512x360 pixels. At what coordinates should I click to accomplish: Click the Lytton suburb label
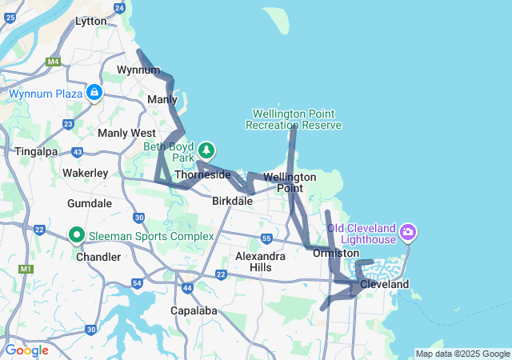click(x=90, y=22)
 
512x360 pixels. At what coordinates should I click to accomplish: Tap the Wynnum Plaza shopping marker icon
click(x=94, y=93)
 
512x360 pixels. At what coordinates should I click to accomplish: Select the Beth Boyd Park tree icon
click(x=207, y=150)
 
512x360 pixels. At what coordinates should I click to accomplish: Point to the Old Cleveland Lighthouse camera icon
click(x=409, y=233)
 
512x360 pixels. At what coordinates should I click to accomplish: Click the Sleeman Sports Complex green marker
click(x=77, y=235)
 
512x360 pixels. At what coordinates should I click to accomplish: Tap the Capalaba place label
click(x=194, y=310)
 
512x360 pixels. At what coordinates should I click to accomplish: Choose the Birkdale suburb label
click(x=233, y=202)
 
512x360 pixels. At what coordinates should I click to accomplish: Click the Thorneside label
click(x=202, y=174)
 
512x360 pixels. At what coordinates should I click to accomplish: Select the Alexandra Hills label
click(x=260, y=262)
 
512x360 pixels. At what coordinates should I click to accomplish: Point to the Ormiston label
click(x=336, y=253)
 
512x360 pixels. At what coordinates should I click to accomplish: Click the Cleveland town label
click(x=384, y=284)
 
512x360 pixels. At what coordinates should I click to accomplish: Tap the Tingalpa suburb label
click(x=34, y=150)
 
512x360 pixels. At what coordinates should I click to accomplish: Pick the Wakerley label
click(x=85, y=172)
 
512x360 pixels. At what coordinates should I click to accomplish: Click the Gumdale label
click(x=90, y=203)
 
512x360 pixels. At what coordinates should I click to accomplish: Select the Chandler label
click(x=98, y=257)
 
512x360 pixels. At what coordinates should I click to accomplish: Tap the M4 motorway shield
click(x=54, y=62)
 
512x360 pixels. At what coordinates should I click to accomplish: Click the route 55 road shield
click(x=266, y=238)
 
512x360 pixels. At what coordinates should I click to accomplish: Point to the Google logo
click(x=26, y=350)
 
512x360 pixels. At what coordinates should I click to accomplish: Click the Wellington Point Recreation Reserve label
click(x=294, y=119)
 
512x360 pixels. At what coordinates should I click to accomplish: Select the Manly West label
click(x=126, y=133)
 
